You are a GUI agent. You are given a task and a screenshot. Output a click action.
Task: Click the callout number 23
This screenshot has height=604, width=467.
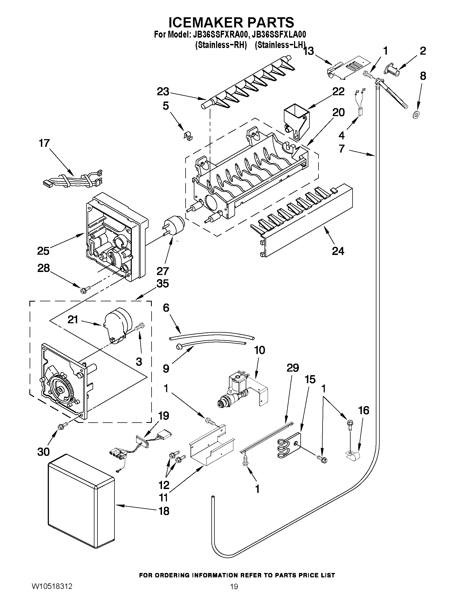click(163, 92)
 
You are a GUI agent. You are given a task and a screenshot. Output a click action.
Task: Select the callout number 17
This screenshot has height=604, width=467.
click(44, 143)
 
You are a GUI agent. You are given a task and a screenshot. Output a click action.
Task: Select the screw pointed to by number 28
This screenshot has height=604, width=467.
click(83, 290)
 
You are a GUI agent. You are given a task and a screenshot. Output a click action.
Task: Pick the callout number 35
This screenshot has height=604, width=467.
click(163, 283)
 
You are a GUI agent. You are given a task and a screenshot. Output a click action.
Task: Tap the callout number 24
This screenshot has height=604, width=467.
click(338, 251)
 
